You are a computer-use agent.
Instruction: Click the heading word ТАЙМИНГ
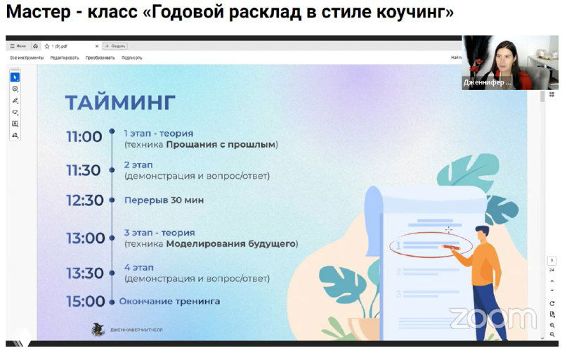point(119,103)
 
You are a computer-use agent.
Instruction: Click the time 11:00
point(84,136)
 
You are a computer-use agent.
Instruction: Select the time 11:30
point(84,170)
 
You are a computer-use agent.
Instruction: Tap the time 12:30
point(84,200)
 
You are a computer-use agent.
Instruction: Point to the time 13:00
point(85,238)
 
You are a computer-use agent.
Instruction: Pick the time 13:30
point(85,273)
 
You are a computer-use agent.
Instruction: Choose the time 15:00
point(85,302)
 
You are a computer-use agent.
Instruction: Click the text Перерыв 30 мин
point(164,200)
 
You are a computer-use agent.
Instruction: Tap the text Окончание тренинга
point(169,302)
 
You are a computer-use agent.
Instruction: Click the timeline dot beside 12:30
point(111,200)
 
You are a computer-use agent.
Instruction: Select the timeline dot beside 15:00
point(111,302)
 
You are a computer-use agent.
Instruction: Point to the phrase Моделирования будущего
point(232,244)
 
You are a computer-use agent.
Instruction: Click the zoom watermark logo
point(492,317)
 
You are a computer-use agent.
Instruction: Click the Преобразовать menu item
point(100,58)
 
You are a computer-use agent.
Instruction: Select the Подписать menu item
point(131,58)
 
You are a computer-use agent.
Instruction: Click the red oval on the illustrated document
point(421,245)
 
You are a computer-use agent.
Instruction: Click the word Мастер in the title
point(37,12)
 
